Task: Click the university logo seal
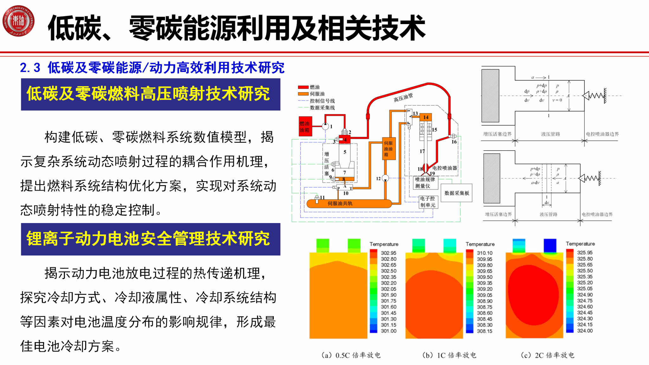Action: (x=18, y=21)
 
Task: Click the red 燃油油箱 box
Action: (x=305, y=127)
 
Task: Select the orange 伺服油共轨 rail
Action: (x=349, y=204)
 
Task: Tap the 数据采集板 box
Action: (x=456, y=193)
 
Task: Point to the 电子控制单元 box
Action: (x=428, y=202)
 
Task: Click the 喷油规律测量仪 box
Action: (x=425, y=183)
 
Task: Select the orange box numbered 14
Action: (x=426, y=117)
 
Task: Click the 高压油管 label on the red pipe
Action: (x=403, y=97)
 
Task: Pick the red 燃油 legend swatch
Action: (x=303, y=87)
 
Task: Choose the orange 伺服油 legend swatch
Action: (x=303, y=94)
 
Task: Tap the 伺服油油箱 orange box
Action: (x=389, y=149)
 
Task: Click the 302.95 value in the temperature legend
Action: (x=389, y=253)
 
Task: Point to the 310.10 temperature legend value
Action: (x=485, y=253)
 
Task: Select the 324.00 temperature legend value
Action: (x=585, y=331)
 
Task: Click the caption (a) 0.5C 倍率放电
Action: (x=351, y=355)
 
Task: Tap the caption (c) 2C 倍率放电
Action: (x=548, y=355)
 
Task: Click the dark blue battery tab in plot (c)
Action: (x=550, y=246)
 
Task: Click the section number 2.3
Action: (x=30, y=68)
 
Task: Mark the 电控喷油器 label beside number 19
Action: (x=445, y=168)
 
